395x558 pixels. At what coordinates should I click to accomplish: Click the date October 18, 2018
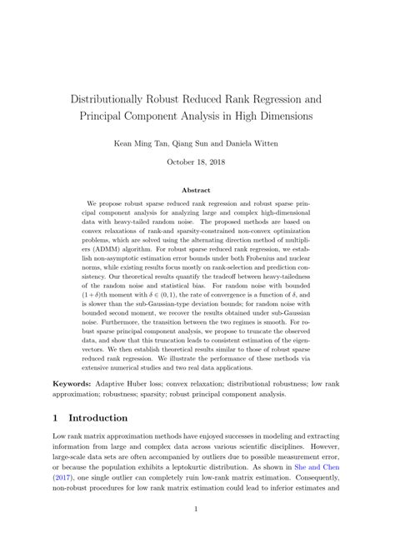(197, 162)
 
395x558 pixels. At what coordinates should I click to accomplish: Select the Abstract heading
(197, 190)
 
